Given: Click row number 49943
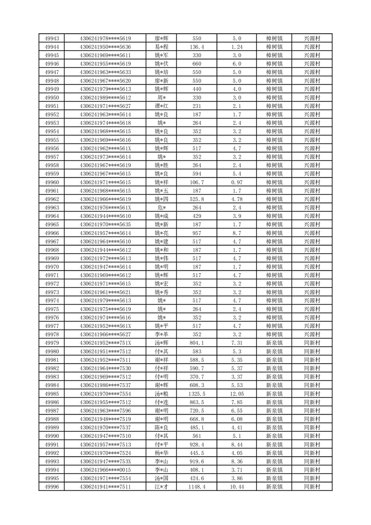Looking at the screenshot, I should tap(51, 38).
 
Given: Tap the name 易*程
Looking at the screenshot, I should tap(161, 47).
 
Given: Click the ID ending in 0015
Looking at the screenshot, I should tap(105, 470).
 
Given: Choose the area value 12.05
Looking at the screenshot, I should tap(237, 394).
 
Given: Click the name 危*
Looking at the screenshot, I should tap(161, 208).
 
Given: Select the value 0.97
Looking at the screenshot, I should tap(237, 182).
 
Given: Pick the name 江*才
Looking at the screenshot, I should tap(161, 487).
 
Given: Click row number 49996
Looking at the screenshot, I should tap(51, 487).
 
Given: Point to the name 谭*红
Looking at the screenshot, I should tap(161, 106).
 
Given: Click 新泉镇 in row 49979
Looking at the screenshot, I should tap(274, 343).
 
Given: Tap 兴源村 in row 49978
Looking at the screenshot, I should tap(312, 335).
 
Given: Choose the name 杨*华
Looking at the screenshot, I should tap(161, 453).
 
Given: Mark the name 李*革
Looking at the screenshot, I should tap(161, 335).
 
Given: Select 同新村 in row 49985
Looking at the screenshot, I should tap(312, 394).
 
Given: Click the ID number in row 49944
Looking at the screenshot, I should tap(105, 47).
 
